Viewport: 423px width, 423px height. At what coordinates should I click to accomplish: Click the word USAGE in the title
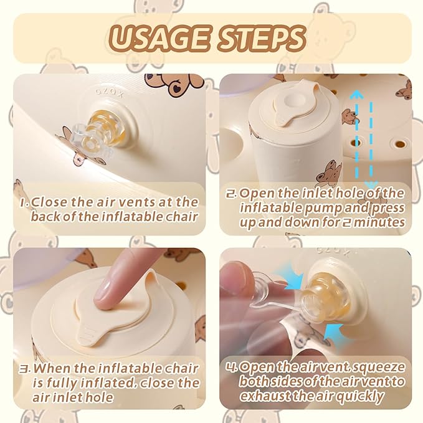pyautogui.click(x=159, y=38)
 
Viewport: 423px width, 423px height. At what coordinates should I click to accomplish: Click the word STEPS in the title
pyautogui.click(x=262, y=38)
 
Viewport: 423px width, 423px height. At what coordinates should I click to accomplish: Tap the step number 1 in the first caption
pyautogui.click(x=24, y=202)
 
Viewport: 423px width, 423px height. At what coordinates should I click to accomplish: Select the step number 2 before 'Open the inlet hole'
pyautogui.click(x=232, y=193)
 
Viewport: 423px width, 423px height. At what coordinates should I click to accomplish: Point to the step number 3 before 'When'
pyautogui.click(x=25, y=369)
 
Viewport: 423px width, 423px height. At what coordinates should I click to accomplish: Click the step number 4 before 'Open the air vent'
pyautogui.click(x=232, y=368)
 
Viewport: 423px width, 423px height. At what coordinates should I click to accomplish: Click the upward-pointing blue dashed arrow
pyautogui.click(x=357, y=135)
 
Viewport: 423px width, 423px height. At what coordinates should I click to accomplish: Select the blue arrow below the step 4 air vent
pyautogui.click(x=335, y=335)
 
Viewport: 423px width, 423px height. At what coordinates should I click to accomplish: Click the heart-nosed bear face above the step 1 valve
pyautogui.click(x=175, y=86)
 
